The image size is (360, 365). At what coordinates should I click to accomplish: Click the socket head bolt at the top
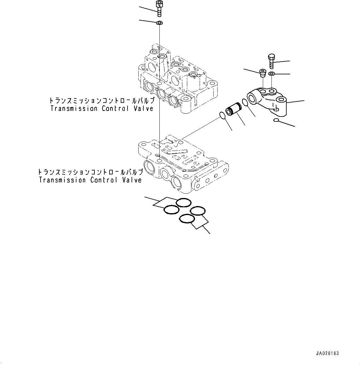point(159,8)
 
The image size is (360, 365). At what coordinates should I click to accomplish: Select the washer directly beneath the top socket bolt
point(160,23)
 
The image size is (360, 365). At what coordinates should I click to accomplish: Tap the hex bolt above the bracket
point(271,61)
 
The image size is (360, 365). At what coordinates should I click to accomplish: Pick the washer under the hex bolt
point(271,74)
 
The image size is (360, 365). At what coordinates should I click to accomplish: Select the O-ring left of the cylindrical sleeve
point(222,115)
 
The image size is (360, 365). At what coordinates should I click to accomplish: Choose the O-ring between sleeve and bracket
point(245,103)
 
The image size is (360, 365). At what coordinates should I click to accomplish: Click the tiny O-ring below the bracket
point(276,120)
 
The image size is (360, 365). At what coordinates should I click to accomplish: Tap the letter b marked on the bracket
point(277,109)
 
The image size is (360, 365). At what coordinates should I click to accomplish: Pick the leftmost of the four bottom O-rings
point(171,209)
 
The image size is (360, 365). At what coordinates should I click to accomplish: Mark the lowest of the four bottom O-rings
point(187,219)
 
